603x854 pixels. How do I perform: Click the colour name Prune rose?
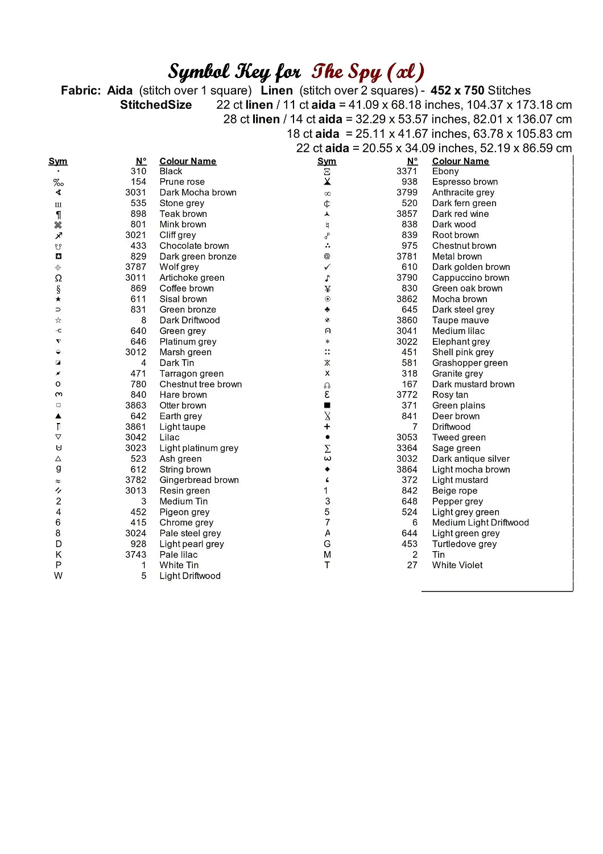[181, 182]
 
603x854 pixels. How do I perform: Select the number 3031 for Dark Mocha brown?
[135, 192]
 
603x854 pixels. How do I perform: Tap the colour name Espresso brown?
[464, 182]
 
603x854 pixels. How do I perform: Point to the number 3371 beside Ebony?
[407, 171]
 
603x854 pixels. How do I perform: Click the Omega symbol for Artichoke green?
[58, 278]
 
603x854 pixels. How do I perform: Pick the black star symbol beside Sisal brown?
[58, 299]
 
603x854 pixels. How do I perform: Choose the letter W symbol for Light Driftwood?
[58, 576]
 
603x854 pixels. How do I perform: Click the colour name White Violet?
[457, 565]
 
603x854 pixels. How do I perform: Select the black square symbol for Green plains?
[327, 405]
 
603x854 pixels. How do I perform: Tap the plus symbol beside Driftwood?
[327, 426]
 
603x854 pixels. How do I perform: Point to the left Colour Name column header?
[188, 161]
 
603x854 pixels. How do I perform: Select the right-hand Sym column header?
[327, 161]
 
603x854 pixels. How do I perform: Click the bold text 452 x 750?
[457, 91]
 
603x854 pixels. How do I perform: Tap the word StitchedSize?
[156, 105]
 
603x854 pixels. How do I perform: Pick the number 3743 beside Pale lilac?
[135, 555]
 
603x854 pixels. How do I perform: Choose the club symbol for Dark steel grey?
[327, 310]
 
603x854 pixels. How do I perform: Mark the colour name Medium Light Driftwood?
[480, 523]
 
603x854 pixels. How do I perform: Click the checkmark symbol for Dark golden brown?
[327, 267]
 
